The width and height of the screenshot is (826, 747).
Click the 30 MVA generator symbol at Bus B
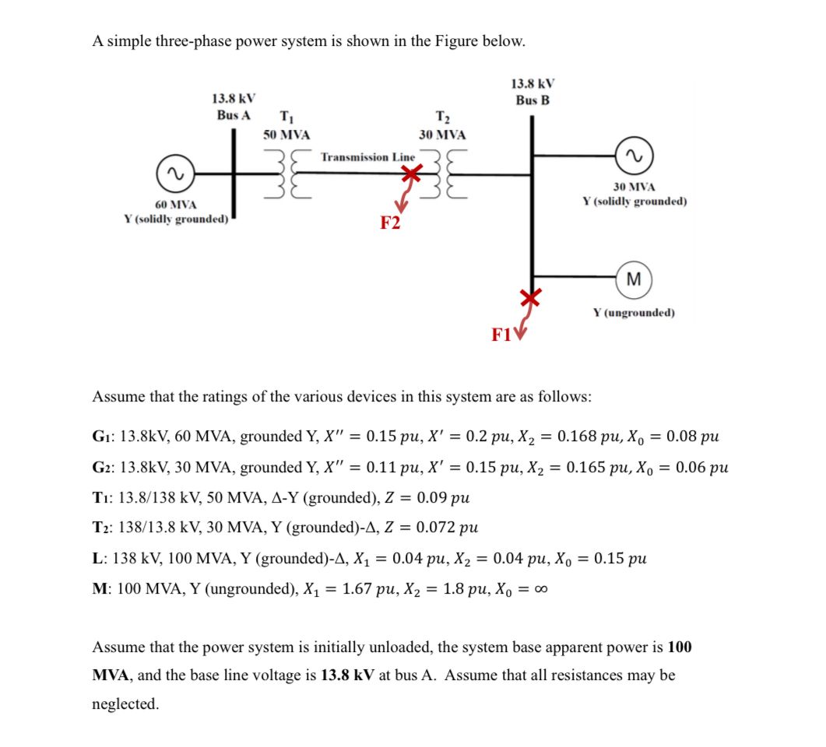[634, 158]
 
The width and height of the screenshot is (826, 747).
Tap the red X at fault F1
[530, 297]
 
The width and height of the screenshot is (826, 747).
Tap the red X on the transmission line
[411, 177]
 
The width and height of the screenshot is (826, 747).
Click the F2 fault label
[390, 223]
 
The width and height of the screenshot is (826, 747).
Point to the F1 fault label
[501, 335]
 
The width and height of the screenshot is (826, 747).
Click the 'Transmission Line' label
[368, 157]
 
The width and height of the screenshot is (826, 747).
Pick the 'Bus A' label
[234, 114]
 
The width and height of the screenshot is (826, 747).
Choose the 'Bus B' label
[532, 100]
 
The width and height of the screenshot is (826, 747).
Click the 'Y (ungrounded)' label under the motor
[634, 313]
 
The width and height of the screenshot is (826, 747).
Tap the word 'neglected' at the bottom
[124, 704]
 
